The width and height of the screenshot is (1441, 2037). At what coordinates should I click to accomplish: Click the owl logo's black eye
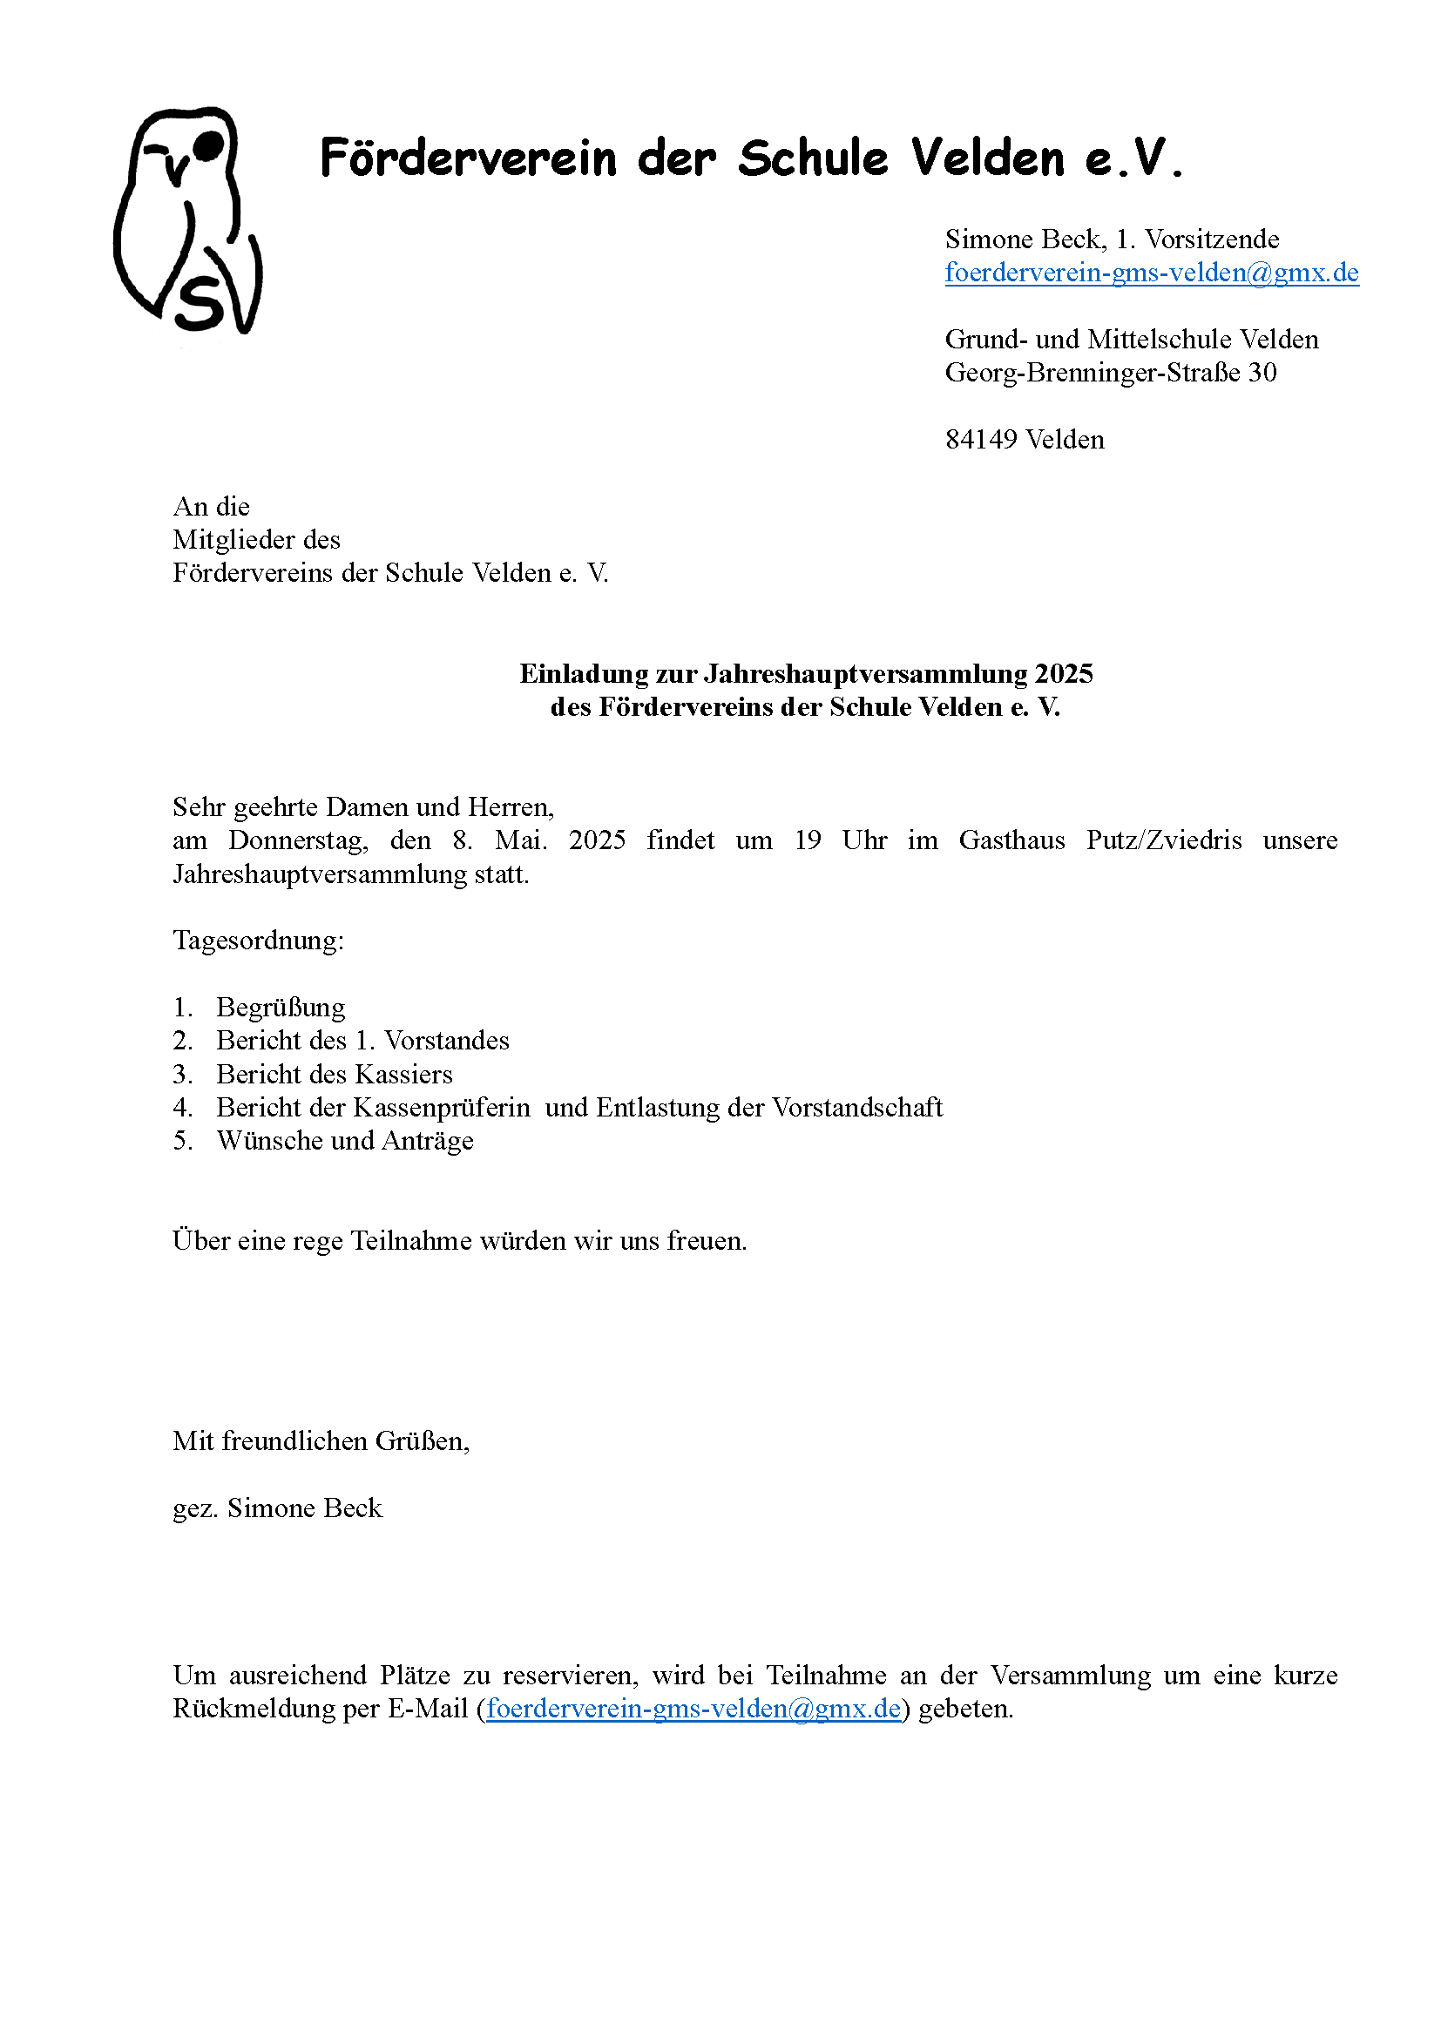(208, 145)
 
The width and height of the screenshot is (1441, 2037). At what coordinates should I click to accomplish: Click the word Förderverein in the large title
(468, 159)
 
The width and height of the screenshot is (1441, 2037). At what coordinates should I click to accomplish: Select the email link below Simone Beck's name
(1151, 273)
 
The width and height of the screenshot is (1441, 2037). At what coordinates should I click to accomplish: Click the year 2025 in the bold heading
(1063, 674)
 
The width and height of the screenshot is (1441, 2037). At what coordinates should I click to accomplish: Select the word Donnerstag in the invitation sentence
(297, 840)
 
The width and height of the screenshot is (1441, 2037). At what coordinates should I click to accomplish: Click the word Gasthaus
(1011, 840)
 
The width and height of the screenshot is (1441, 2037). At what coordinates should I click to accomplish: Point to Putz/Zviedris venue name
(1163, 840)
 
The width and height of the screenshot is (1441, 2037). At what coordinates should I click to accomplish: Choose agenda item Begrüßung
(281, 1008)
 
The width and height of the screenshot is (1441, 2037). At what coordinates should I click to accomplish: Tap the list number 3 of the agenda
(181, 1075)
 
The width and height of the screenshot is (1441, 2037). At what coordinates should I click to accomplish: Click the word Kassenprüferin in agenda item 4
(441, 1108)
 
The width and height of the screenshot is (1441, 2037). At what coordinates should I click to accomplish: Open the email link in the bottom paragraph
(693, 1709)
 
